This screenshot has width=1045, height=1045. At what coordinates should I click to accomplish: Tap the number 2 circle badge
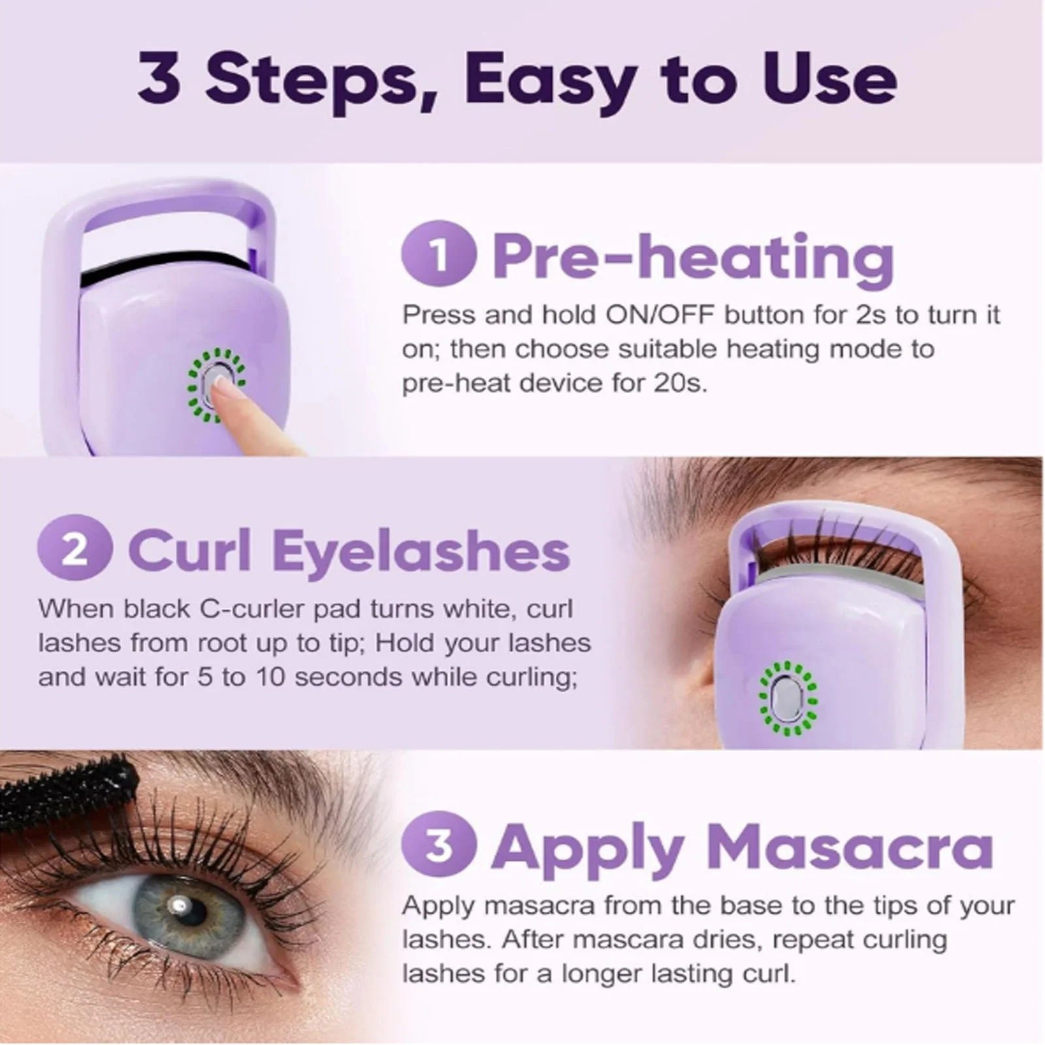point(74,551)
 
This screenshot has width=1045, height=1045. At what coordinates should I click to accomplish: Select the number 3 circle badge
point(439,845)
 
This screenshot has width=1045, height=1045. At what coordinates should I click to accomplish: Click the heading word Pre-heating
point(692,258)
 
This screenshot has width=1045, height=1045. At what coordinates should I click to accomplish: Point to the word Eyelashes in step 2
point(421,552)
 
